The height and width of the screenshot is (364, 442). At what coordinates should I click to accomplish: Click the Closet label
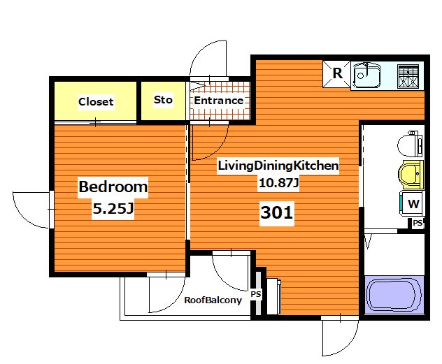pos(96,101)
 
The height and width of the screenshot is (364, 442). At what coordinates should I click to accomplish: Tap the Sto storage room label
pos(163,100)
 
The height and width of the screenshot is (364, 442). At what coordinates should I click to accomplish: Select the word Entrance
pos(219,101)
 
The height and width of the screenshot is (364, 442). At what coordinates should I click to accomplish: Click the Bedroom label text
pos(113,187)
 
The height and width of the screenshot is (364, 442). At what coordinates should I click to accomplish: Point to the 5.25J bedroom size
pos(113,209)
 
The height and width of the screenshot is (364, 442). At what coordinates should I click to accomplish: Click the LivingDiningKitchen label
pos(278,166)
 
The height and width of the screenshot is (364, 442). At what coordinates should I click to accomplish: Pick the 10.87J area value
pos(278,183)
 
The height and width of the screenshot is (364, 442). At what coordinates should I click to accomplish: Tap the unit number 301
pos(276,212)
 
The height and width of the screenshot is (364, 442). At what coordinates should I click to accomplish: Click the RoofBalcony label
pos(213,300)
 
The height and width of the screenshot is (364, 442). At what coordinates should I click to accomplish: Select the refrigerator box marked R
pos(336,74)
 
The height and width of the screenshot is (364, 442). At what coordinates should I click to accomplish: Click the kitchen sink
pos(366,75)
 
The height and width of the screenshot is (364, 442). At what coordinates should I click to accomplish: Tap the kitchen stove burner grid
pos(408,76)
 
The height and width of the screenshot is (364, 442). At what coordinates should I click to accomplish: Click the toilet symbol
pos(410,144)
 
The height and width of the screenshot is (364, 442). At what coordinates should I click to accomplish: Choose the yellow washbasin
pos(411,175)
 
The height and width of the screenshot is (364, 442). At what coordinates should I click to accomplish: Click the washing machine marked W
pos(412,203)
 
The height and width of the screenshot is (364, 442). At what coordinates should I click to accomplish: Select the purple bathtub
pos(394,295)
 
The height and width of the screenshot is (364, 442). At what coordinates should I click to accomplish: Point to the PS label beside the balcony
pos(256,294)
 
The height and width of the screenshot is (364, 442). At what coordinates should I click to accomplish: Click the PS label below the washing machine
pos(418,223)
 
